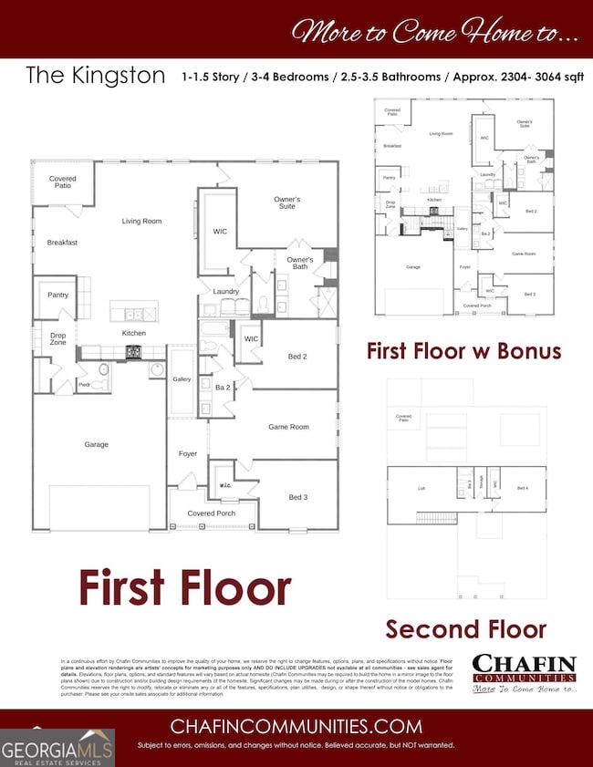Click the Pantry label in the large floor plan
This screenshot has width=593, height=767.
pyautogui.click(x=58, y=295)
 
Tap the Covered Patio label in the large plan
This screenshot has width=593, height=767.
pyautogui.click(x=63, y=183)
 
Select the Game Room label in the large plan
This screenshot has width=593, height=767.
pyautogui.click(x=288, y=427)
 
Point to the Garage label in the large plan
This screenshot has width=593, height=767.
pyautogui.click(x=97, y=444)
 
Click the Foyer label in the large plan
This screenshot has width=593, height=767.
pyautogui.click(x=188, y=453)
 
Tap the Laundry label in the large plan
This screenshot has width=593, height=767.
pyautogui.click(x=226, y=292)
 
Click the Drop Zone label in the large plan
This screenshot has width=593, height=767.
pyautogui.click(x=57, y=340)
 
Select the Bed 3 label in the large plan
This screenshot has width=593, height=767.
pyautogui.click(x=297, y=497)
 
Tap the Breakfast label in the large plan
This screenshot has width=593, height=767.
pyautogui.click(x=62, y=243)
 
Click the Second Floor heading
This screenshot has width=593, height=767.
pyautogui.click(x=465, y=628)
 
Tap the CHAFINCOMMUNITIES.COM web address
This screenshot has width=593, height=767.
pyautogui.click(x=297, y=727)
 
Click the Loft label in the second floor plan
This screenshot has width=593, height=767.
pyautogui.click(x=421, y=488)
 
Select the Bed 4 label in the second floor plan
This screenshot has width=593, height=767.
pyautogui.click(x=523, y=488)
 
